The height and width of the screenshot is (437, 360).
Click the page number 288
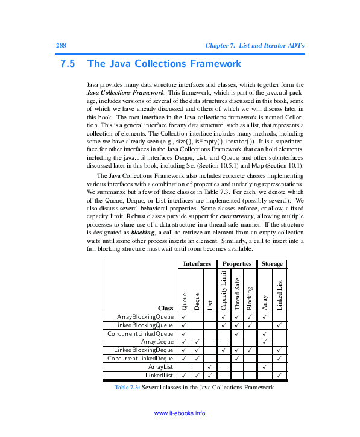point(60,46)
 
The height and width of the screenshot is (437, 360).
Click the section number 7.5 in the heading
point(68,63)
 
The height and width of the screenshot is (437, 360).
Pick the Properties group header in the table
point(236,264)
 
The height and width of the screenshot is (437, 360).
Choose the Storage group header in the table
point(272,264)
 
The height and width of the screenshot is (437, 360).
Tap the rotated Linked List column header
point(279,295)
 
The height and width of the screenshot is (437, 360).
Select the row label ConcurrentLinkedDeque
point(140,359)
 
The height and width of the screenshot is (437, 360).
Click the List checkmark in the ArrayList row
point(209,367)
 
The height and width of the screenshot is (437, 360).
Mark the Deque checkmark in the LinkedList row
point(197,376)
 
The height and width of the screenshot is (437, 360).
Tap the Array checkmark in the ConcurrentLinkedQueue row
point(265,333)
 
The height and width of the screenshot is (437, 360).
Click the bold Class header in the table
point(166,308)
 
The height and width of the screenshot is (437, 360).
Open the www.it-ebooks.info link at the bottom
point(180,413)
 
